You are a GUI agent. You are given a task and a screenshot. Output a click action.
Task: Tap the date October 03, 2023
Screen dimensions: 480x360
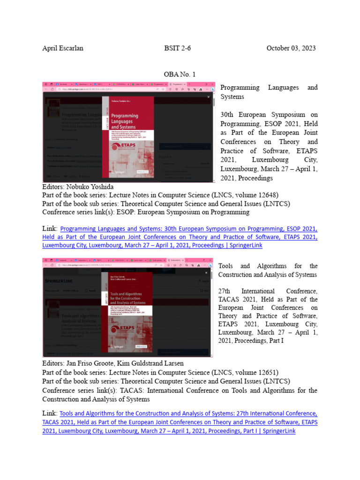pos(291,48)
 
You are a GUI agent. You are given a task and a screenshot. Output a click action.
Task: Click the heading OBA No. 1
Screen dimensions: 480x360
pos(180,74)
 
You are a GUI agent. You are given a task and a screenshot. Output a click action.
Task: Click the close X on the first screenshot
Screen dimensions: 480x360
pos(209,97)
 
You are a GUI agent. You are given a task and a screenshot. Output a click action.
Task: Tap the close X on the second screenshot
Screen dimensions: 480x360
pos(206,272)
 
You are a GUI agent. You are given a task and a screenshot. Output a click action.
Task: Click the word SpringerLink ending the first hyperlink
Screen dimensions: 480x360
pos(244,245)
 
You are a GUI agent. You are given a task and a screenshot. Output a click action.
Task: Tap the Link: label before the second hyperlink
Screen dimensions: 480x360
pos(50,413)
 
